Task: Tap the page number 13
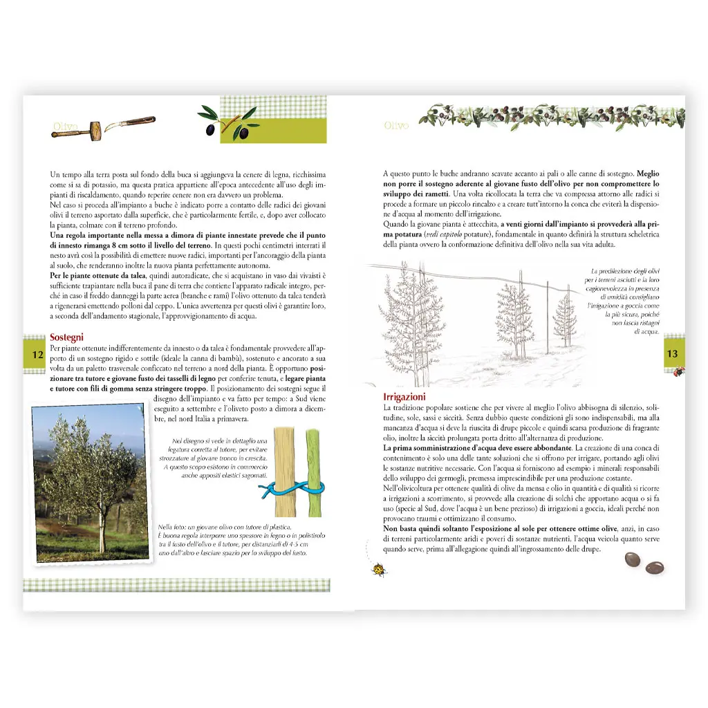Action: click(671, 354)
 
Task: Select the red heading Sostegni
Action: click(67, 337)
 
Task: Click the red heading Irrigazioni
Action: click(404, 397)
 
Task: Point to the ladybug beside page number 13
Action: click(679, 371)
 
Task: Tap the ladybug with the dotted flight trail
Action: click(379, 570)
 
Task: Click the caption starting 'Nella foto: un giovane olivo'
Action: click(232, 540)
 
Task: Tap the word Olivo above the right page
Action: click(396, 126)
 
